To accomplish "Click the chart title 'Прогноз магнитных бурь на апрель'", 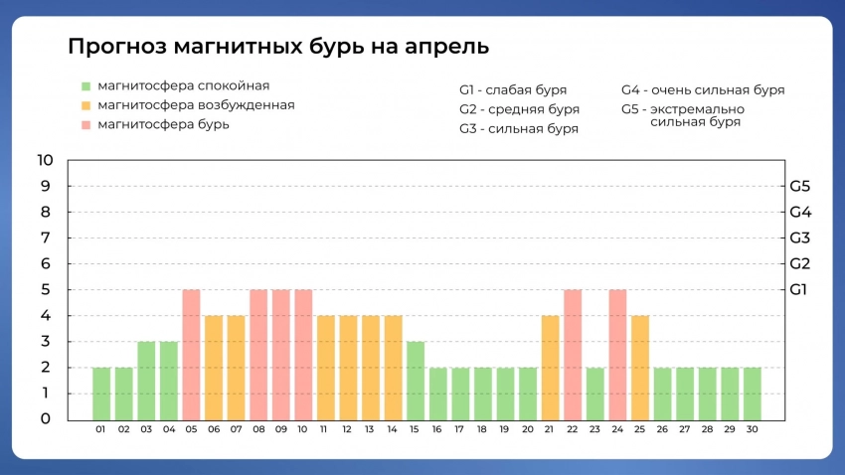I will click(x=278, y=47).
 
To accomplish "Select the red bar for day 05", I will click(x=191, y=354).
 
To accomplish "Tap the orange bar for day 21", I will click(x=551, y=367).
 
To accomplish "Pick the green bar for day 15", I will click(x=416, y=380).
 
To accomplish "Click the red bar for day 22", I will click(x=573, y=354).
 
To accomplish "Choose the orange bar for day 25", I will click(x=640, y=367).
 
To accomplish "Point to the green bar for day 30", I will click(x=753, y=393).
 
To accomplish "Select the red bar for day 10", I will click(x=303, y=354).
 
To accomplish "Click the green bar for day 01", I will click(x=101, y=393).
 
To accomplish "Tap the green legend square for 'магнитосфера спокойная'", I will click(x=86, y=86).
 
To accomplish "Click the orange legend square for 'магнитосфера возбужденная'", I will click(x=86, y=105).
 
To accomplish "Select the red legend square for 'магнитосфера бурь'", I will click(x=86, y=125).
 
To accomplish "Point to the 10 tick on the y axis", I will click(x=45, y=160).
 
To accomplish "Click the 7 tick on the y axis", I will click(x=45, y=237).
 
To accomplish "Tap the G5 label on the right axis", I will click(x=800, y=186).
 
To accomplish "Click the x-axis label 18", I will click(x=482, y=429).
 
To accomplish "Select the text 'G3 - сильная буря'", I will click(x=519, y=129).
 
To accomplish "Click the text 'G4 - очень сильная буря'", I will click(x=703, y=90).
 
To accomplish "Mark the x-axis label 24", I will click(x=617, y=429).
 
